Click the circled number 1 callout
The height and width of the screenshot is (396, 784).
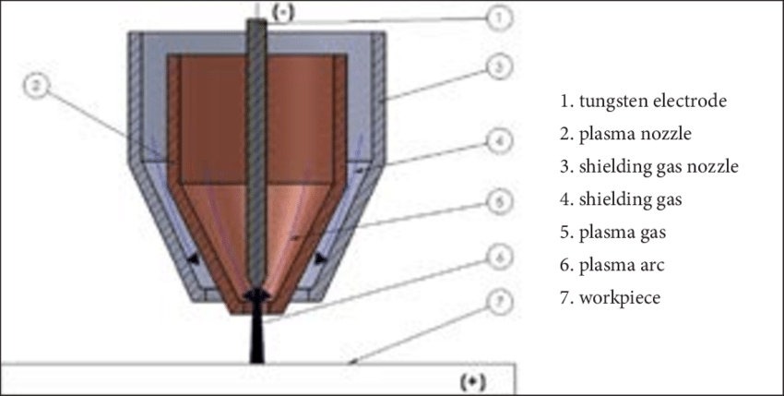[498, 18]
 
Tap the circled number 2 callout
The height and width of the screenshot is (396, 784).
[37, 86]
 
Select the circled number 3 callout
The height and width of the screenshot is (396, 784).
[498, 67]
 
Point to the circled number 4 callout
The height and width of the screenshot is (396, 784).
[498, 141]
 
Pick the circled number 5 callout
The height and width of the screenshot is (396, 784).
[498, 202]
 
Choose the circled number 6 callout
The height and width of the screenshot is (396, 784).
[498, 258]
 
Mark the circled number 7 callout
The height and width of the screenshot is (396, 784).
[498, 303]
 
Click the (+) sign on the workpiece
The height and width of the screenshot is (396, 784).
[472, 382]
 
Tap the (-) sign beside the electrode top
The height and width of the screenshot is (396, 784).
[281, 14]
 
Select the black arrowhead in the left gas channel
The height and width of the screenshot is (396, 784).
[193, 258]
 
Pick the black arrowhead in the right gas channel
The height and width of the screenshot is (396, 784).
[320, 258]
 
